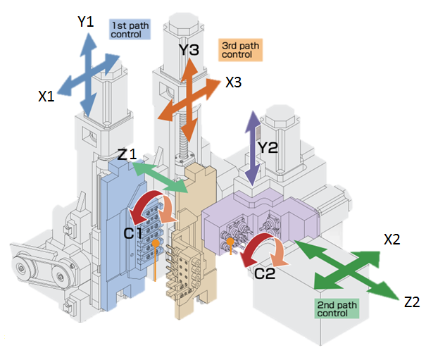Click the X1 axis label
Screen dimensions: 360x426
coord(46,97)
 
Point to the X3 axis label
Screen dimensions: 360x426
coord(234,82)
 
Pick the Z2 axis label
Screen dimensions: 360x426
coord(412,302)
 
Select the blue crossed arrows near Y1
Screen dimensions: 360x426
coord(87,73)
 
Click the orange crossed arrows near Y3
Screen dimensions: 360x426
coord(190,92)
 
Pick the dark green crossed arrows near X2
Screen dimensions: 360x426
coord(342,268)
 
